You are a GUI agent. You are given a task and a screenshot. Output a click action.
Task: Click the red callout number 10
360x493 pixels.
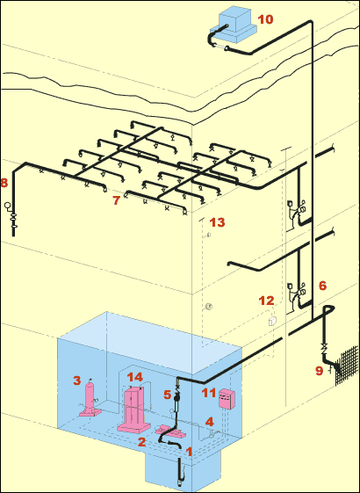[x=265, y=19]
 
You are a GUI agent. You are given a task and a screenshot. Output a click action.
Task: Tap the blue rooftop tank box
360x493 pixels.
[x=234, y=25]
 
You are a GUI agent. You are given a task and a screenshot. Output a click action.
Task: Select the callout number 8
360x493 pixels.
[x=4, y=183]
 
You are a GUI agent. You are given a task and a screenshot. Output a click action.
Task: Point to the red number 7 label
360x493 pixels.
[x=117, y=200]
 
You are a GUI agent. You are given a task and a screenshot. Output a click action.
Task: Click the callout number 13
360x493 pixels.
[x=218, y=222]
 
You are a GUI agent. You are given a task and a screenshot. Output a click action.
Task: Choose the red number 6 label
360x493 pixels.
[x=322, y=286]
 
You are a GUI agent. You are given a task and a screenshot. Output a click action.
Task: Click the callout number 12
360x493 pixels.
[x=266, y=301]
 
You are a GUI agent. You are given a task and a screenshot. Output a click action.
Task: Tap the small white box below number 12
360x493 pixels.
[x=272, y=321]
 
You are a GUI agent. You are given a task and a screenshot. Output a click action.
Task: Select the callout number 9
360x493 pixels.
[x=319, y=371]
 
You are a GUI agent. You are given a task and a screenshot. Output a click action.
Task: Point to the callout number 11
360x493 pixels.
[x=209, y=393]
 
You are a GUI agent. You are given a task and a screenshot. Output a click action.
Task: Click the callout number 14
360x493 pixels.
[x=134, y=377]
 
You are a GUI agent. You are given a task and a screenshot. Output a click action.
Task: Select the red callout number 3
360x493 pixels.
[x=77, y=381]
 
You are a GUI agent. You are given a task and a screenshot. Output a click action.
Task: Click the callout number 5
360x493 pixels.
[x=167, y=395]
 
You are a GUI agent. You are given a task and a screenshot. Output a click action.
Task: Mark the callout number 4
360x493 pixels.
[x=210, y=421]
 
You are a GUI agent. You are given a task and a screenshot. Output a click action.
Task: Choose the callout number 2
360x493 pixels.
[x=142, y=442]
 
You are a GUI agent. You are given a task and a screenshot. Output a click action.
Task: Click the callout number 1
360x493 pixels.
[x=189, y=452]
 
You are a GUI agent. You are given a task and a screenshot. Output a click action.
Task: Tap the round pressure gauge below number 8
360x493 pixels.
[x=7, y=206]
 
